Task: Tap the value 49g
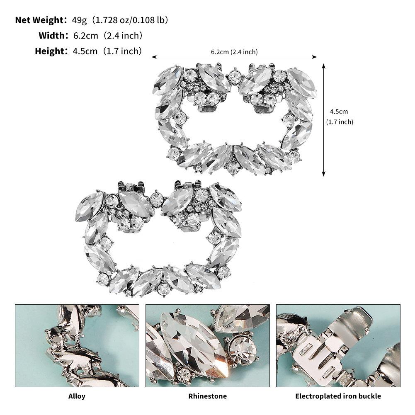click(79, 20)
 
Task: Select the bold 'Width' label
click(51, 36)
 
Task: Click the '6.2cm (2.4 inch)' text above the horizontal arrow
click(234, 52)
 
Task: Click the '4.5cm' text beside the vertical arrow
click(339, 112)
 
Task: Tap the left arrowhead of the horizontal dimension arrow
click(153, 57)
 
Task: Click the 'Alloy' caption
click(77, 396)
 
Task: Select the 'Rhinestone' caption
click(207, 396)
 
